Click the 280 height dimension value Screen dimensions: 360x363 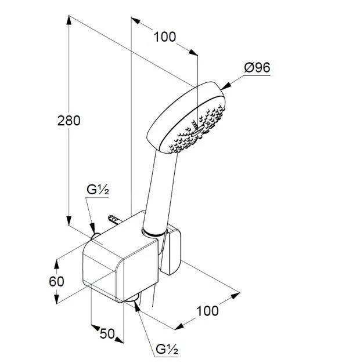pyautogui.click(x=69, y=121)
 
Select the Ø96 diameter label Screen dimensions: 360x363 pyautogui.click(x=257, y=68)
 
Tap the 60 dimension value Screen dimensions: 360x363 pyautogui.click(x=56, y=281)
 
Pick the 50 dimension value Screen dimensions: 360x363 pyautogui.click(x=107, y=333)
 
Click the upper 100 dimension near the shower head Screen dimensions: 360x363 pyautogui.click(x=165, y=37)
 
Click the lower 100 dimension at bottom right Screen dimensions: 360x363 pyautogui.click(x=207, y=311)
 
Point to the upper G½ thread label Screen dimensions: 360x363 pyautogui.click(x=98, y=190)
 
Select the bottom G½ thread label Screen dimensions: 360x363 pyautogui.click(x=167, y=349)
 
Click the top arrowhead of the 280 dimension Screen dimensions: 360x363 pyautogui.click(x=69, y=20)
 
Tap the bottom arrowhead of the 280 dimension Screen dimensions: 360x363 pyautogui.click(x=69, y=221)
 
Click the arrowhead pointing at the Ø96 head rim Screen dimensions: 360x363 pyautogui.click(x=226, y=86)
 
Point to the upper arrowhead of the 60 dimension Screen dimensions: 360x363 pyautogui.click(x=56, y=264)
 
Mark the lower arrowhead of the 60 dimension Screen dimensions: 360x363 pyautogui.click(x=56, y=299)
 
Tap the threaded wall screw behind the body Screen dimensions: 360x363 pyautogui.click(x=114, y=219)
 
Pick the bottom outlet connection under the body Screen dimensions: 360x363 pyautogui.click(x=132, y=298)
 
